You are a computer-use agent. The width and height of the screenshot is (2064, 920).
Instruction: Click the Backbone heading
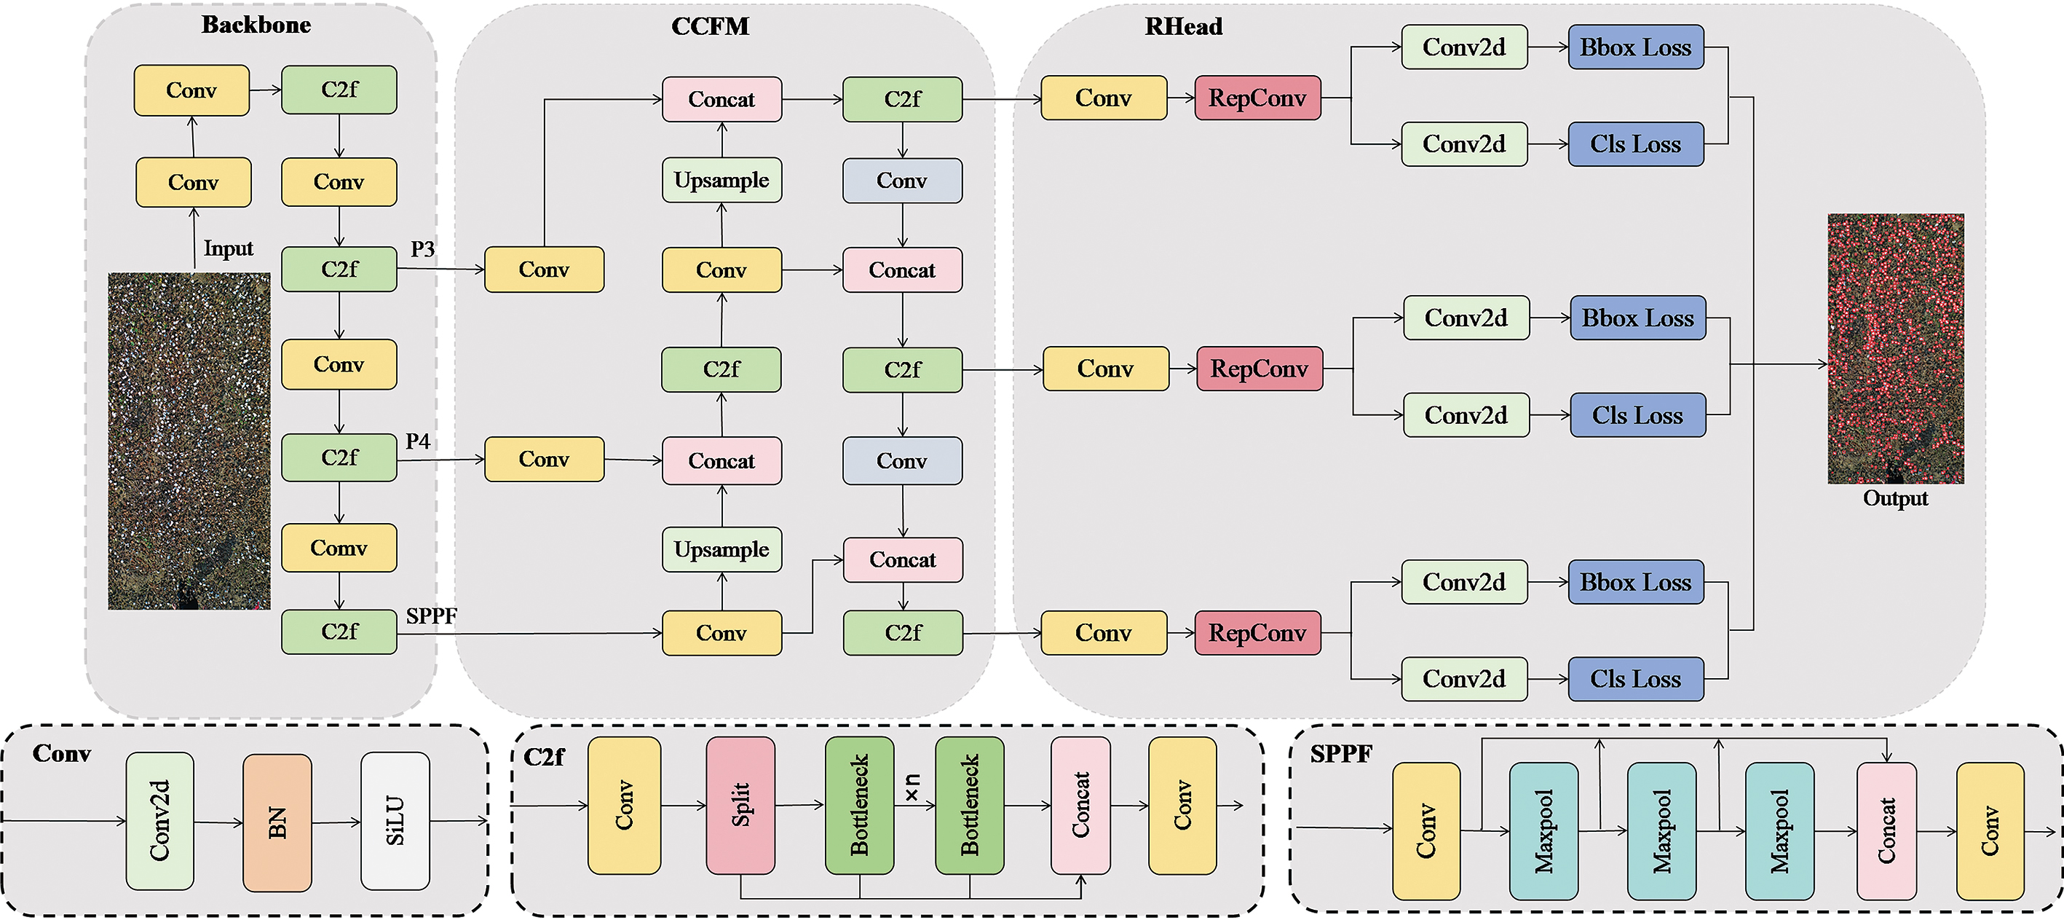(256, 25)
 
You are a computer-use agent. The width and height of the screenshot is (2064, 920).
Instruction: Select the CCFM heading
(710, 26)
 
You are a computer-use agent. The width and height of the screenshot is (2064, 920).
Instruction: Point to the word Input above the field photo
(228, 248)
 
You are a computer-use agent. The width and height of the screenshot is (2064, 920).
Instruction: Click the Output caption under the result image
(1895, 498)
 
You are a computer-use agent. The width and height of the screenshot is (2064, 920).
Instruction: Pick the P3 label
(422, 249)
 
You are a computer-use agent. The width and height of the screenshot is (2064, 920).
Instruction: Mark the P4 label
(417, 441)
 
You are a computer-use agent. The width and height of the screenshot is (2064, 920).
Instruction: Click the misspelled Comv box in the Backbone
(339, 549)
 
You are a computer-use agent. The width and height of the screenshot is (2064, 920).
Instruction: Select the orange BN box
(277, 822)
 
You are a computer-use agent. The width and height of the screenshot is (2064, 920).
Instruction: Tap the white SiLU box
(395, 821)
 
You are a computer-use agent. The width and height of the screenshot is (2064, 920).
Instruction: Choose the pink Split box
(740, 805)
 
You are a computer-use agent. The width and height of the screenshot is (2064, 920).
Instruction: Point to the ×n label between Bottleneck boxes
(914, 787)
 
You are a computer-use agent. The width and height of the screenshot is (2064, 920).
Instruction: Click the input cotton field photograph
(189, 441)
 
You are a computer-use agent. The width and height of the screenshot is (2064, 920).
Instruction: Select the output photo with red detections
(1895, 349)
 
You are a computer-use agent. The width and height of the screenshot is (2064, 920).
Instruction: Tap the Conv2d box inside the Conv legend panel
(159, 821)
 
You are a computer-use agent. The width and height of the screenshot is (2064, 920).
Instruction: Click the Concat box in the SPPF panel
(1886, 830)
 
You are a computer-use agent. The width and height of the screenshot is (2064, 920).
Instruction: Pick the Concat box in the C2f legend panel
(1080, 805)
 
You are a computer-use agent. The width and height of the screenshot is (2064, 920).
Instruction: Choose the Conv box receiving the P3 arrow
(544, 270)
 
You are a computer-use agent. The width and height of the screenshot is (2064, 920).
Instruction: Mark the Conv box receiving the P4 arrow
(544, 459)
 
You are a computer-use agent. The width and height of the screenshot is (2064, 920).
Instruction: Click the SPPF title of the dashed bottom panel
(1340, 754)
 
